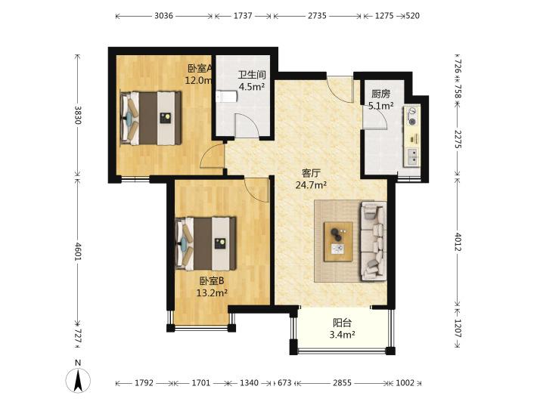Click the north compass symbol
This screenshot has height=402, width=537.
(x=78, y=377)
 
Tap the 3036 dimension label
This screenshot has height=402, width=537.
(x=163, y=16)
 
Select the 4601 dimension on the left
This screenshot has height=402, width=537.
(x=78, y=252)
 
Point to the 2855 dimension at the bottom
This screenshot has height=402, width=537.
(x=342, y=383)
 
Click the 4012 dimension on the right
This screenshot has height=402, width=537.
(x=458, y=242)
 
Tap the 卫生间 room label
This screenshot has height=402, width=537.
(x=252, y=75)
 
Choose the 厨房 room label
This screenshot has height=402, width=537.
(x=380, y=94)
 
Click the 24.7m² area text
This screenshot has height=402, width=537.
(x=311, y=185)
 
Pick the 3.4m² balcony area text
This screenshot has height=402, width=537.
(x=342, y=334)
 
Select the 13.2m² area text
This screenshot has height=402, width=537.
(x=212, y=293)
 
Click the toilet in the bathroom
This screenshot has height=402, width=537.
(x=226, y=97)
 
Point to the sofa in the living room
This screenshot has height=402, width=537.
(x=374, y=241)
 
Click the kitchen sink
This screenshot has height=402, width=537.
(x=412, y=157)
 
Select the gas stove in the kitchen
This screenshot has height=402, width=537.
(x=412, y=116)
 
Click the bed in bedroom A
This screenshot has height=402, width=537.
(x=151, y=118)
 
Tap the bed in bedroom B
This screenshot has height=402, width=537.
(x=206, y=243)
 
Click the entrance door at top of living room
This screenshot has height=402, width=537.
(x=340, y=88)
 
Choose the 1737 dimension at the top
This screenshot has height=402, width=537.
(x=243, y=16)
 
